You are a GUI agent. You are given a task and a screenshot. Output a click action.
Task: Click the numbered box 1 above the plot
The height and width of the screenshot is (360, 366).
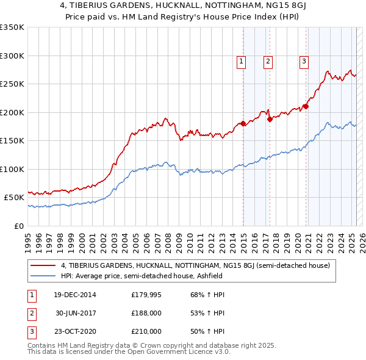pos(242,61)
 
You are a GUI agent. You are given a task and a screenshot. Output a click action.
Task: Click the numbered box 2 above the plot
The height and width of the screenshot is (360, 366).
pos(268,61)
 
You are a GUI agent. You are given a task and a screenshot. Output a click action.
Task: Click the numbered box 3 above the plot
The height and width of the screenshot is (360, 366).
pos(304,61)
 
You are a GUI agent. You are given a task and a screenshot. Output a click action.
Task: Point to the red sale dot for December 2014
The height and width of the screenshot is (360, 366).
pos(243,124)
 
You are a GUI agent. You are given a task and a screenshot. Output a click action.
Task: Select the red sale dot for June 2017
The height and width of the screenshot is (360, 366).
pos(270,120)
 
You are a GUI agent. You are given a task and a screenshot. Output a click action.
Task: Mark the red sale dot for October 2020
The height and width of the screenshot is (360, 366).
pos(306,107)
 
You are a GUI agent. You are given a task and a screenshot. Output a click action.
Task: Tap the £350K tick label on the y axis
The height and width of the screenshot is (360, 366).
pos(12,27)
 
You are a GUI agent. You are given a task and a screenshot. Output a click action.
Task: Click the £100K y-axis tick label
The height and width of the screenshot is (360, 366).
pos(12,169)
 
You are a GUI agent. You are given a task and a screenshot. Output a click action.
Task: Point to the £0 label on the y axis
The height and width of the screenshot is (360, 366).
pos(20,226)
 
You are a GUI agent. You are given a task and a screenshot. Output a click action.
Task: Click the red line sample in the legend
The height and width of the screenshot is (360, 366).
pos(43,266)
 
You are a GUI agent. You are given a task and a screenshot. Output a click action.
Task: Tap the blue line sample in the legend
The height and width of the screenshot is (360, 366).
pos(43,276)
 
